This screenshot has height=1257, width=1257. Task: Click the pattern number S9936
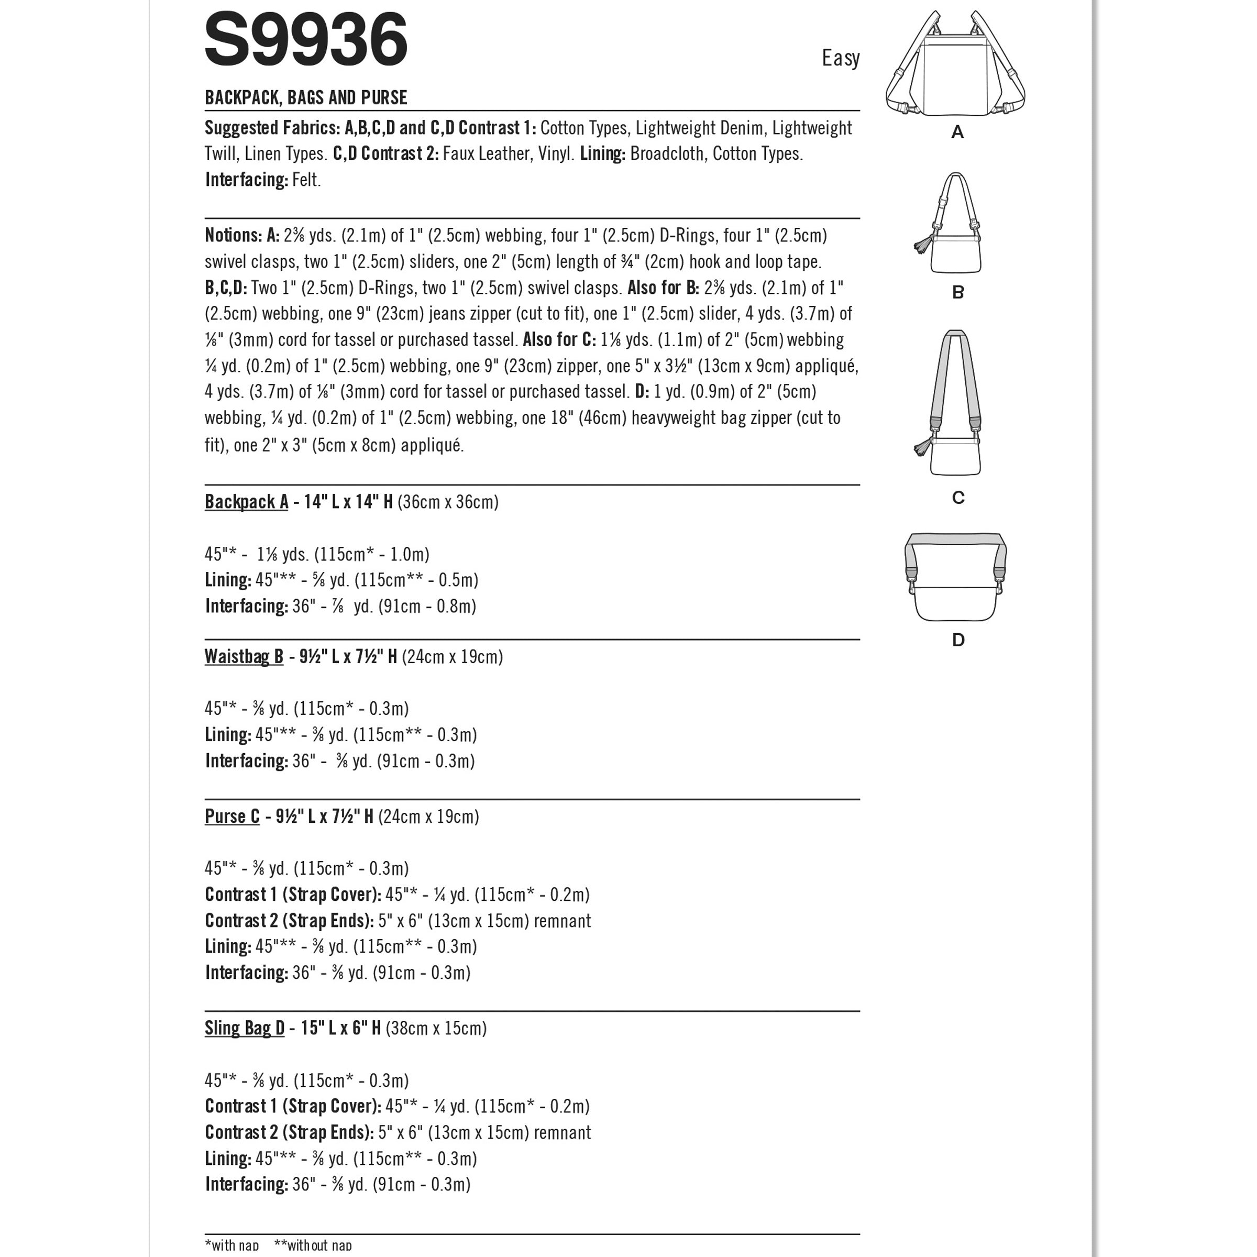tap(306, 40)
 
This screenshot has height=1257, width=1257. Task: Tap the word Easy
tap(840, 59)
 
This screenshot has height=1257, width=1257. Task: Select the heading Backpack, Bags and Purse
tap(306, 97)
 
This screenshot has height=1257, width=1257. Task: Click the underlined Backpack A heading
tap(246, 502)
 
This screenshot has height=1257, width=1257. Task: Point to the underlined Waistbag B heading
tap(244, 656)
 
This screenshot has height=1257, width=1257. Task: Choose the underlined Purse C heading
tap(231, 816)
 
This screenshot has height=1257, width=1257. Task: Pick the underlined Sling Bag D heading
tap(245, 1028)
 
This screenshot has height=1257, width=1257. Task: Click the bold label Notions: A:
tap(242, 235)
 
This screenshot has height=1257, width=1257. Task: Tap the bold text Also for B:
tap(663, 288)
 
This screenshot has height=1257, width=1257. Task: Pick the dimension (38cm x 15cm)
tap(436, 1028)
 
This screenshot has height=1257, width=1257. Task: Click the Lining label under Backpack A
tap(228, 580)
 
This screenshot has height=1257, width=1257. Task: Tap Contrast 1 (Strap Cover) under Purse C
tap(293, 895)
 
